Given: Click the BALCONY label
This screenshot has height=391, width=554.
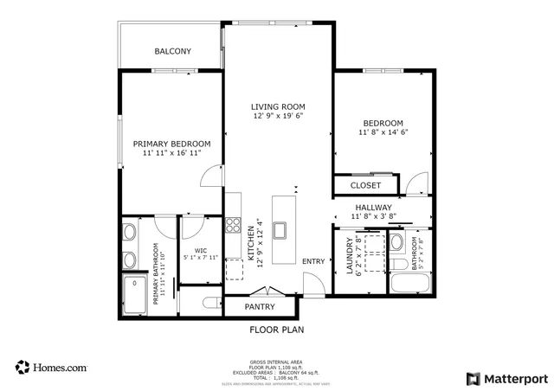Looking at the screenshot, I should coord(173,52).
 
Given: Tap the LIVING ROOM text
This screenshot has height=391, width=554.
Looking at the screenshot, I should coord(278,106).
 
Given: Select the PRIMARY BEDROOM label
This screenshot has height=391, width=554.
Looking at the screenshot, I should coord(171,144).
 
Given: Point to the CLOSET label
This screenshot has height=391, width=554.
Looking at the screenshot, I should coord(365,185).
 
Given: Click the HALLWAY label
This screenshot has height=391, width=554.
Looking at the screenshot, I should coord(373,208).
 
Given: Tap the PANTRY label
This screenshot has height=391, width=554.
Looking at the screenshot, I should coord(260,306).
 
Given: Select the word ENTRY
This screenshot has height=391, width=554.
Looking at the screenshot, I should coord(312,261).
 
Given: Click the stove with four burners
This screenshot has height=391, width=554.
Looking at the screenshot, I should coord(233,225).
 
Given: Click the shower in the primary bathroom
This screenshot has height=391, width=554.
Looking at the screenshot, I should coord(133,294).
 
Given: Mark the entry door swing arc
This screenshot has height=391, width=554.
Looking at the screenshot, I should coord(313,283).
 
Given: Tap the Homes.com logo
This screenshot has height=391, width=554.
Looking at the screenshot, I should coord(51,367).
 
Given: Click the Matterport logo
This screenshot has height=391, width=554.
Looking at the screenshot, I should coord(506,378).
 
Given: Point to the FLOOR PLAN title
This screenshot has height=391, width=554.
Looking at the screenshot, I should coord(277,330).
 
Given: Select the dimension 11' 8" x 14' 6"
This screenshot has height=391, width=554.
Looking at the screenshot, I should coord(383,132).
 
